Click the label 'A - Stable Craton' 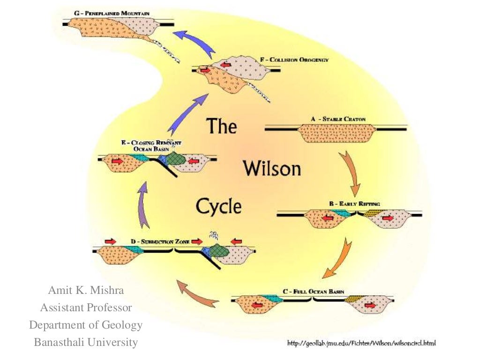(335, 119)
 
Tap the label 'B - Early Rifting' (354, 204)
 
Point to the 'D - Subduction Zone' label (160, 241)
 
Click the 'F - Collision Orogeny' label (294, 60)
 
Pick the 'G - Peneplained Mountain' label (112, 14)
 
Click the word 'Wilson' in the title (271, 168)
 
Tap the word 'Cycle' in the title (218, 206)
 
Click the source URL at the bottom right (361, 344)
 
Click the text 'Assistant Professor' (86, 308)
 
